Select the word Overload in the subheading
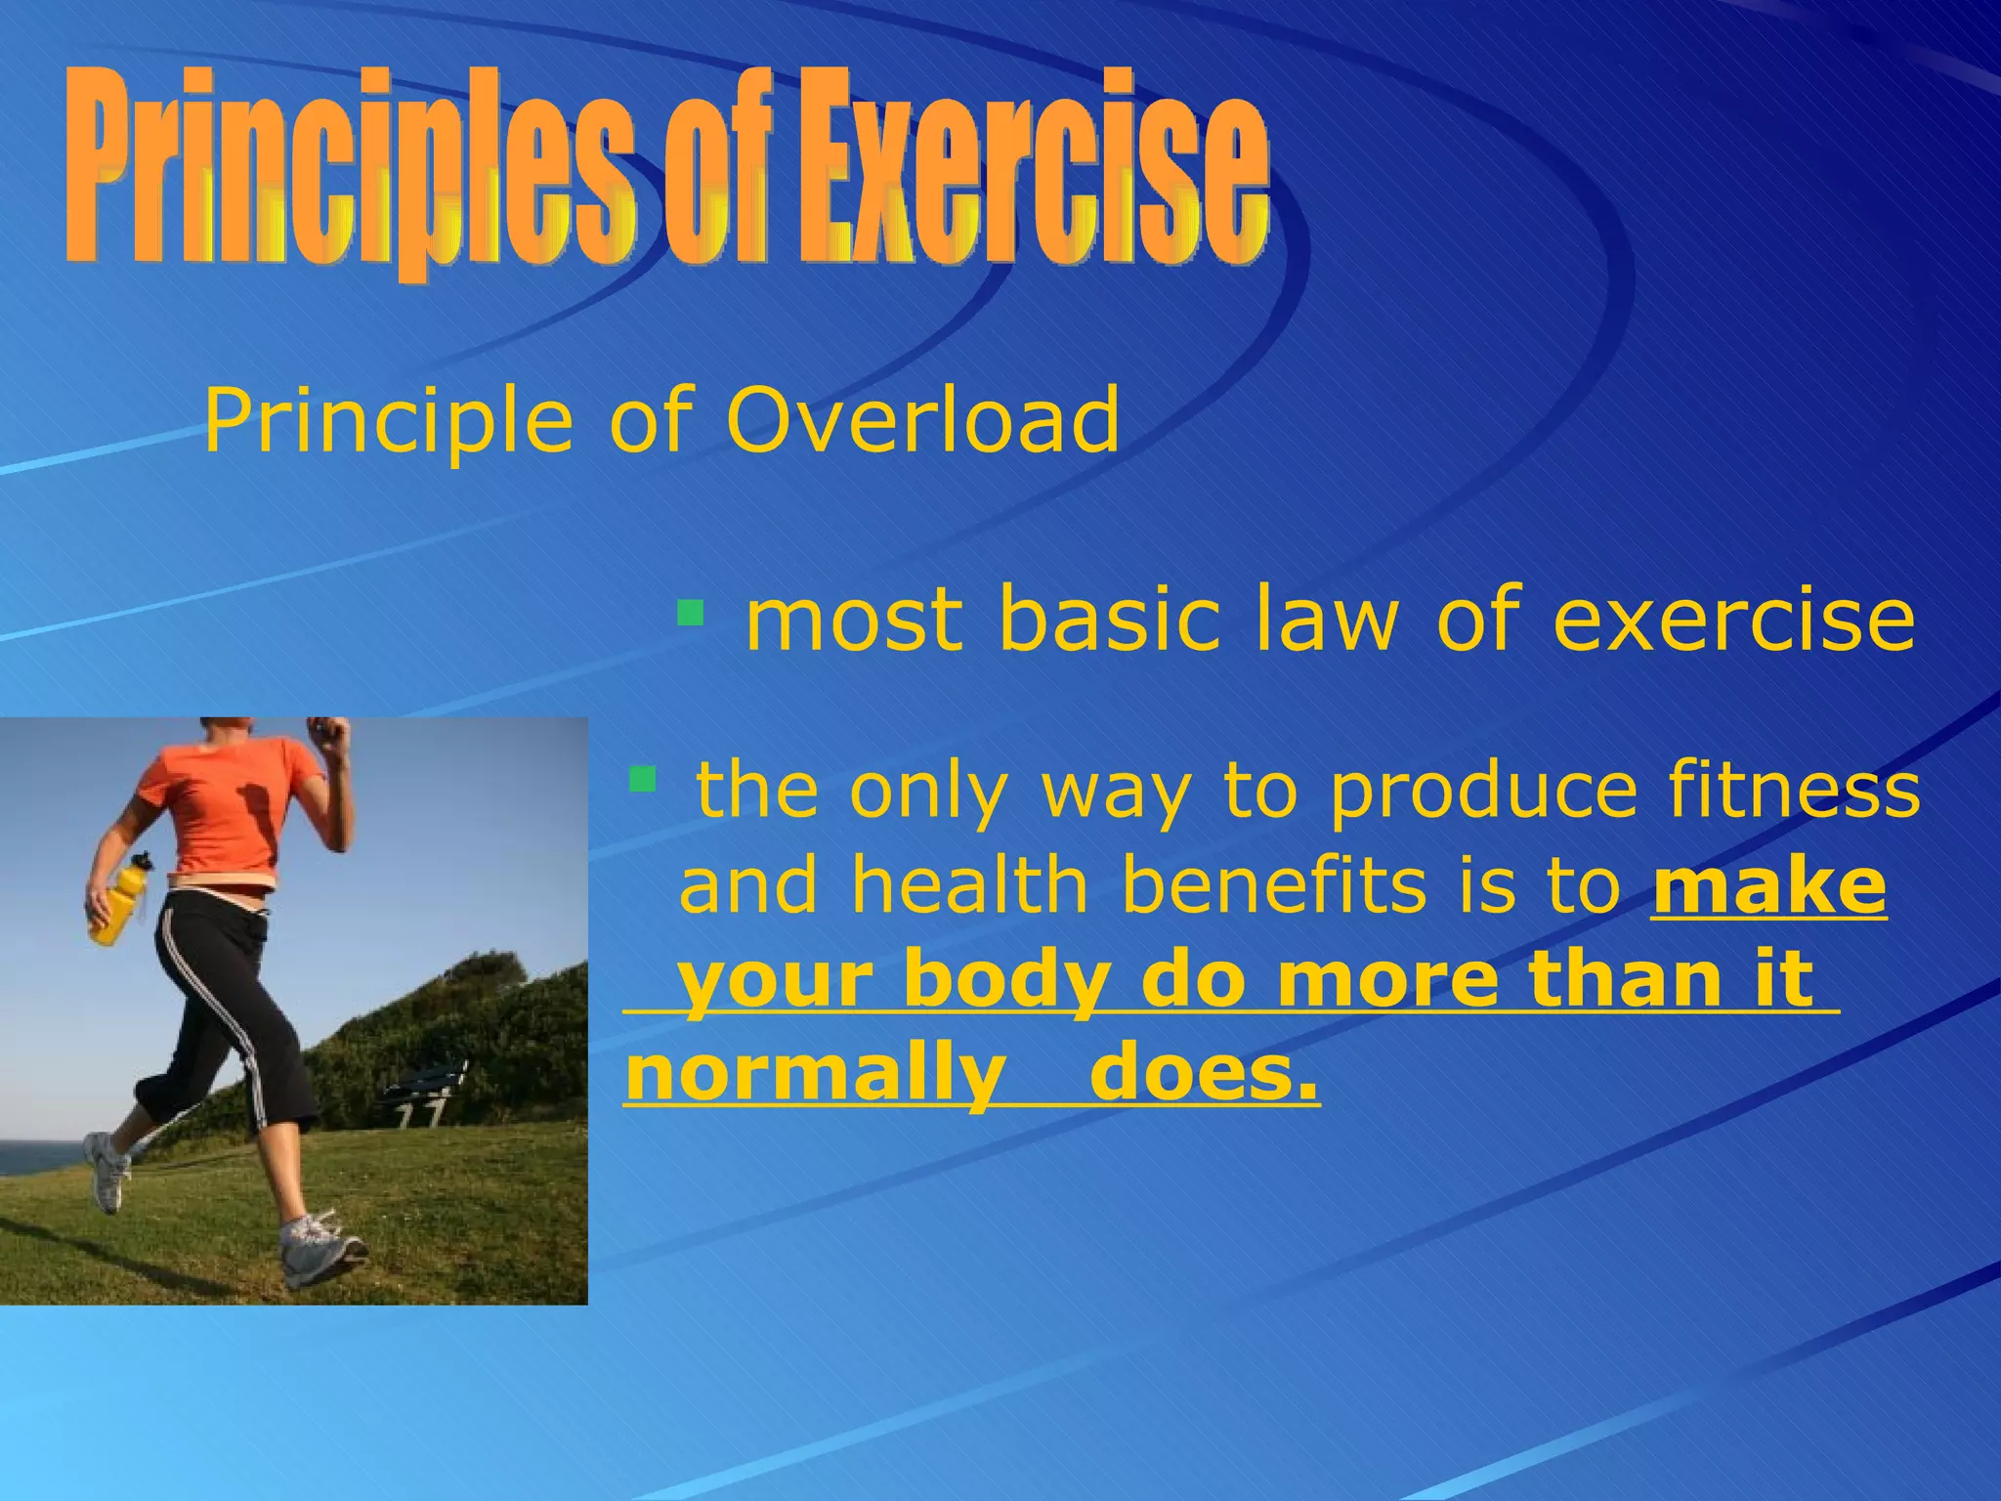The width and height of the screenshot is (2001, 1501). [x=922, y=420]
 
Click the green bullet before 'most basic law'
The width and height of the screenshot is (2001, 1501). [x=690, y=614]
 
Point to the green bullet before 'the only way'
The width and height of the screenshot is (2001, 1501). [x=642, y=780]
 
